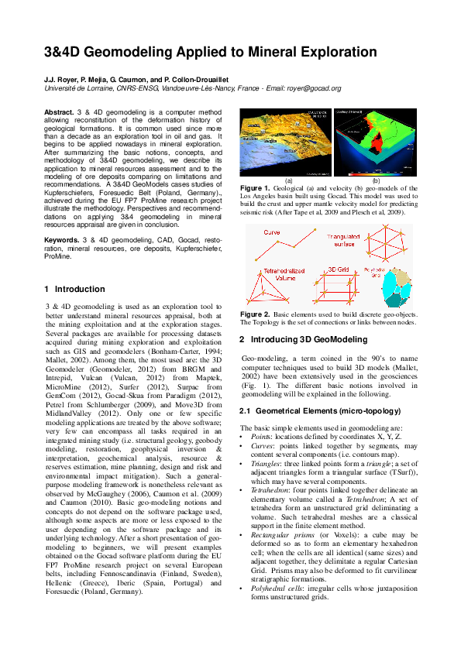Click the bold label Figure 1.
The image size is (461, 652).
(x=256, y=188)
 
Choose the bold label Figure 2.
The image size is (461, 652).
(x=256, y=314)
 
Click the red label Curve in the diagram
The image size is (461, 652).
(x=272, y=232)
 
